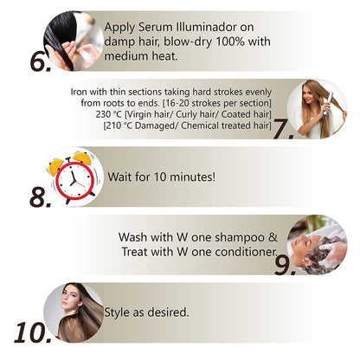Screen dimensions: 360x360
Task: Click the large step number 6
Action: [41, 61]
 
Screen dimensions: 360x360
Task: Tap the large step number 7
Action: [284, 129]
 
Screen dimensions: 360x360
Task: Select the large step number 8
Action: [41, 197]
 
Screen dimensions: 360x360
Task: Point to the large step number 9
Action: [285, 265]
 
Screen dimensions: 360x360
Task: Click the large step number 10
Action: [33, 332]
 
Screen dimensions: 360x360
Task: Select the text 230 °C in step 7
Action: [108, 114]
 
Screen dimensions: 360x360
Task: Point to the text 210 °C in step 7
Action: [119, 125]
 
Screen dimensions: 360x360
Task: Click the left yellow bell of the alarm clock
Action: [56, 167]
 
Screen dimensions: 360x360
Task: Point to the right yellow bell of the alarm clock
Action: [82, 158]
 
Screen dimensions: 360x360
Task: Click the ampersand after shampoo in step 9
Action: [273, 237]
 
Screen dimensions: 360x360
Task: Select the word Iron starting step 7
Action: [79, 92]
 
